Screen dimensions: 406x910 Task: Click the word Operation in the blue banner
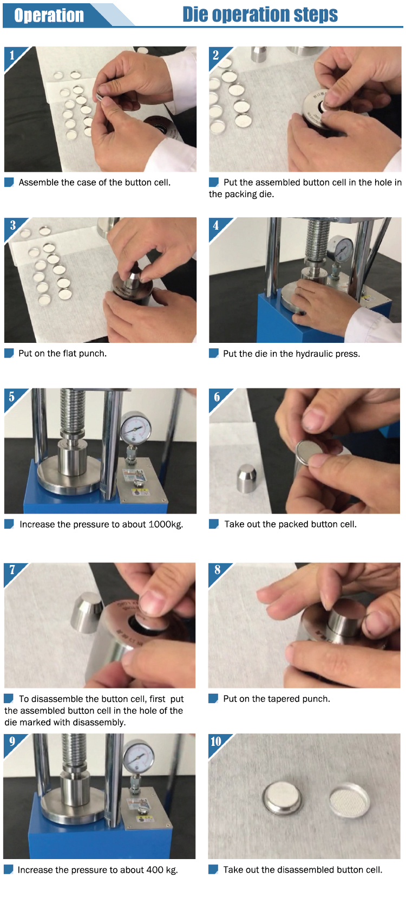(49, 15)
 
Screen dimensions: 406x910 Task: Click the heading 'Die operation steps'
(260, 14)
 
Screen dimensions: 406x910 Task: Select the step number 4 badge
(215, 225)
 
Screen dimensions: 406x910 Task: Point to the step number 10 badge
(216, 742)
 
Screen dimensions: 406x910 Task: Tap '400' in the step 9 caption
(155, 870)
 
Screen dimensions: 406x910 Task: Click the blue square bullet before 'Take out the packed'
(213, 524)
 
